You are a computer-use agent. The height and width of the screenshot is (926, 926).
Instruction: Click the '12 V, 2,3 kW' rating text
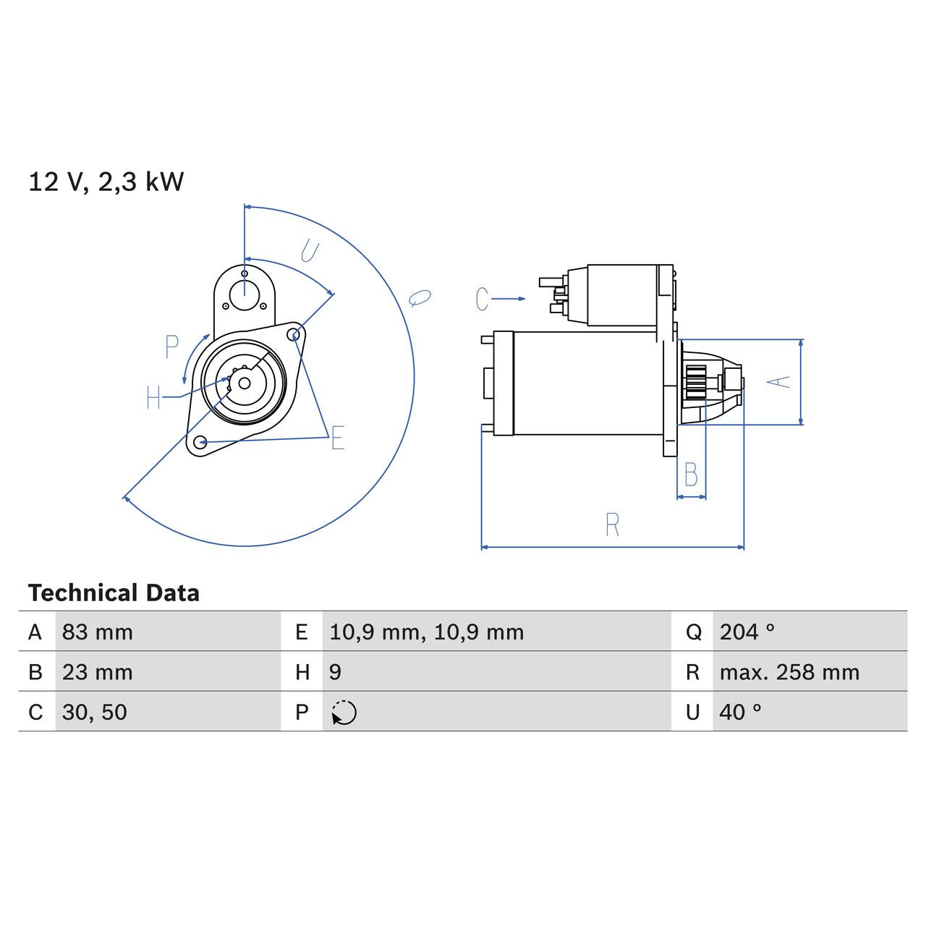tap(106, 182)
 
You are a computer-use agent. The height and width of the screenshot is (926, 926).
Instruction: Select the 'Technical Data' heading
tap(114, 593)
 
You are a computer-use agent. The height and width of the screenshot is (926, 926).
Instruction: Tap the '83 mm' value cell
tap(98, 632)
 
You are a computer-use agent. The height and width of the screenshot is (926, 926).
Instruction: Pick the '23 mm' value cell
tap(98, 672)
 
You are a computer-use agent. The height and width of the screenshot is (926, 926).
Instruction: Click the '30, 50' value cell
tap(95, 712)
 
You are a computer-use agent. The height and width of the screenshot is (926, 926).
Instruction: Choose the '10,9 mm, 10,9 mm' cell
tap(426, 632)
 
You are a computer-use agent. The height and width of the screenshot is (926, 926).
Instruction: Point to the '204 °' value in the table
tap(747, 632)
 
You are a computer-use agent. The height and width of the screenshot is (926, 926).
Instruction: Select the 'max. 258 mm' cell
tap(789, 672)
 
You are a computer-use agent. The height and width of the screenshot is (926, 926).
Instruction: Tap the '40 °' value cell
tap(740, 712)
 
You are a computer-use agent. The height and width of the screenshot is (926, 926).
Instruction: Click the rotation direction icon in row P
tap(344, 713)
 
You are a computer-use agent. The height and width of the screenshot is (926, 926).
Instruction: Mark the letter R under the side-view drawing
tap(612, 525)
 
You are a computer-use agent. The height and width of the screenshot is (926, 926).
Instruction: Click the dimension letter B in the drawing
tap(691, 475)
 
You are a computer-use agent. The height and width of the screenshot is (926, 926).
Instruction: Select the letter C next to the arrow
tap(483, 299)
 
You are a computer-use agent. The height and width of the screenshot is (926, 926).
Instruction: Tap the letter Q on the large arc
tap(419, 297)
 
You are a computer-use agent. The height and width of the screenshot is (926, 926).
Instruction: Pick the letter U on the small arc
tap(310, 251)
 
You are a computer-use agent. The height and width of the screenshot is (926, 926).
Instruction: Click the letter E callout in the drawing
tap(338, 438)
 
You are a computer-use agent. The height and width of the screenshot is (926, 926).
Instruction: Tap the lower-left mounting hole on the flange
tap(201, 441)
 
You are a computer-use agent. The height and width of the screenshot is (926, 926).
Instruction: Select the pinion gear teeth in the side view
tap(696, 381)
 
